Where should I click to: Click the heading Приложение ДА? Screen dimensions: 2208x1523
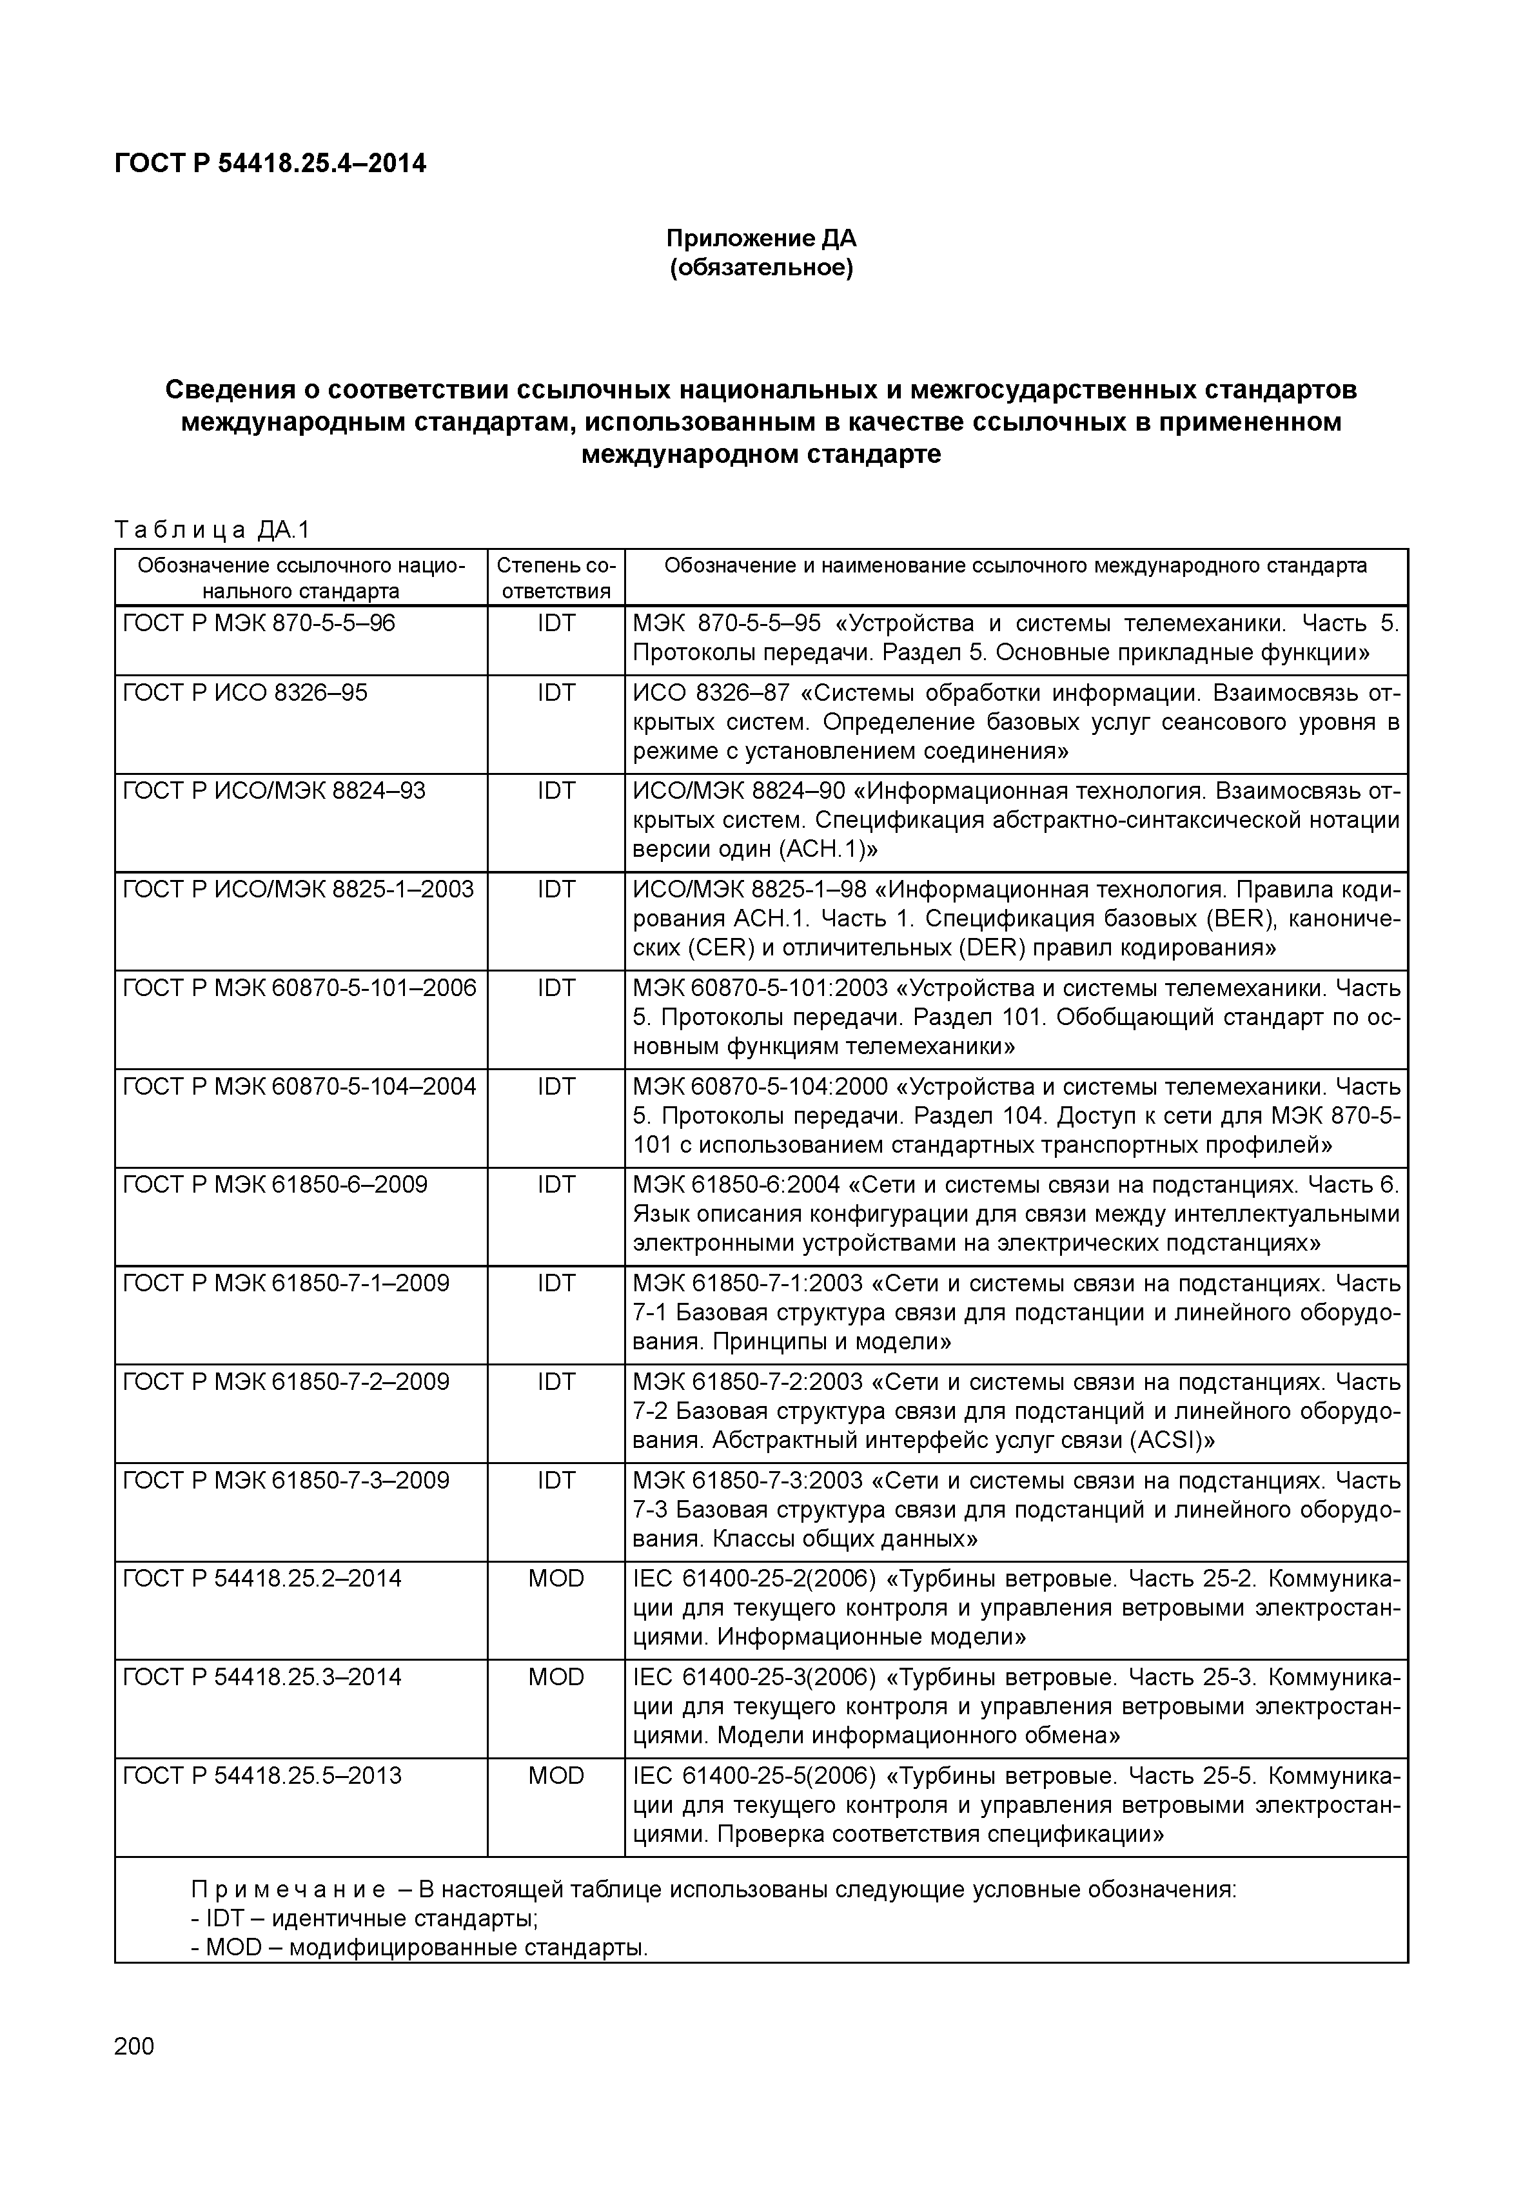click(x=761, y=238)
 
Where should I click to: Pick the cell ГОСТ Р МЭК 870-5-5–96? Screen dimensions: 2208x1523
click(x=259, y=624)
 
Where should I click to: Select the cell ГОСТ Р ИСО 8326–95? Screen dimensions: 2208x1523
click(x=245, y=693)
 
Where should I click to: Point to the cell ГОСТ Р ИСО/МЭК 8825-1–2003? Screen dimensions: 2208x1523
click(x=298, y=889)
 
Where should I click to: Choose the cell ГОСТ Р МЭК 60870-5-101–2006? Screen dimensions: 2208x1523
click(x=300, y=988)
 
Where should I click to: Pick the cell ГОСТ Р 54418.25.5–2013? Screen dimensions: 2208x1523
click(x=262, y=1776)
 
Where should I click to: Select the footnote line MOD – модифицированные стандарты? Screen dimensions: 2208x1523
click(x=420, y=1948)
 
